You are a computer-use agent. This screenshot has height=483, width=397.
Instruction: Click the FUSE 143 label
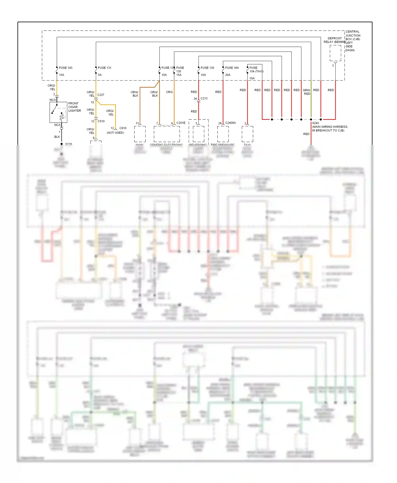(x=65, y=68)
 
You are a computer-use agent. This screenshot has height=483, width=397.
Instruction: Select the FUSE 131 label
(x=105, y=68)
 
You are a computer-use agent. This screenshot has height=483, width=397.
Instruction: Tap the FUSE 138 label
(x=207, y=68)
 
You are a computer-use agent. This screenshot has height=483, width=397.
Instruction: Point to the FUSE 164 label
(x=232, y=68)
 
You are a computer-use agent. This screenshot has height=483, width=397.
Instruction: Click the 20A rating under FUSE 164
(x=228, y=75)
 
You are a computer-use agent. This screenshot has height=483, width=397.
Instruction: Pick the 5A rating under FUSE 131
(x=100, y=75)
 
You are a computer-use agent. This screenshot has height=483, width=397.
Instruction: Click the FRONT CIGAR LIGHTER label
(x=74, y=107)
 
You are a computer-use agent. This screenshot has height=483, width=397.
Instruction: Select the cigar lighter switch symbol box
(x=58, y=112)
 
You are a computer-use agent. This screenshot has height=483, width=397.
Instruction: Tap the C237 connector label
(x=101, y=95)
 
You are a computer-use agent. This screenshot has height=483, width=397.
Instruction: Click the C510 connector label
(x=101, y=121)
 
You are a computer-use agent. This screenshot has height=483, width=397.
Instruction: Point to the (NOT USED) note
(x=115, y=133)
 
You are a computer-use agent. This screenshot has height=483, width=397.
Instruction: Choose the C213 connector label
(x=204, y=99)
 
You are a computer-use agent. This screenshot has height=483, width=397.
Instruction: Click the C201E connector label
(x=181, y=123)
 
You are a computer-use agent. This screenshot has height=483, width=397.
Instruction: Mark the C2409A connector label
(x=230, y=123)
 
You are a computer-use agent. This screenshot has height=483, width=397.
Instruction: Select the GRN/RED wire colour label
(x=306, y=92)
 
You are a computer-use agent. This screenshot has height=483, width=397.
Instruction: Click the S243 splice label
(x=315, y=123)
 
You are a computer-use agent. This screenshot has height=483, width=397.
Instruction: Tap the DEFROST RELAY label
(x=335, y=40)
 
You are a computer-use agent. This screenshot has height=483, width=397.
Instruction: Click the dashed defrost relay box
(x=335, y=53)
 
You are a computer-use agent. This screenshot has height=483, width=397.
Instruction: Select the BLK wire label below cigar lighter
(x=57, y=137)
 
